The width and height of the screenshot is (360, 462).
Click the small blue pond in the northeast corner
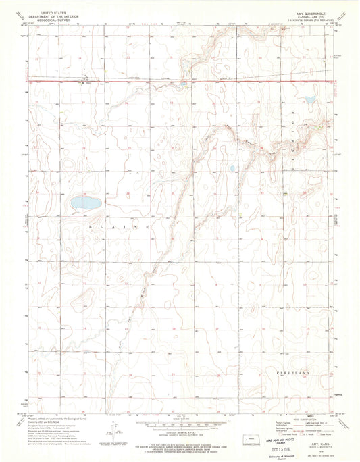[x=309, y=99]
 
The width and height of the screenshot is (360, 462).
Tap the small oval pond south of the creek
[x=233, y=169]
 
